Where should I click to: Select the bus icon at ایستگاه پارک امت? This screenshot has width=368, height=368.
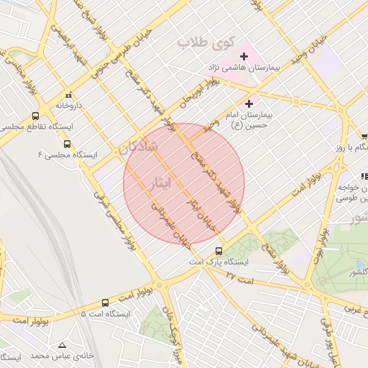[219, 252]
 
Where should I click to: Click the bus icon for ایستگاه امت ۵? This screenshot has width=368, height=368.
[106, 303]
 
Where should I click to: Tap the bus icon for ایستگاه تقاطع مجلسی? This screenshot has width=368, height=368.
[36, 116]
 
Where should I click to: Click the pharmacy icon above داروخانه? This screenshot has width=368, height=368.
[69, 95]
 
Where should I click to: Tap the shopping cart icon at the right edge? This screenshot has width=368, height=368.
[364, 136]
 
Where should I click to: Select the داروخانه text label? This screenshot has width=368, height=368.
[70, 106]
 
